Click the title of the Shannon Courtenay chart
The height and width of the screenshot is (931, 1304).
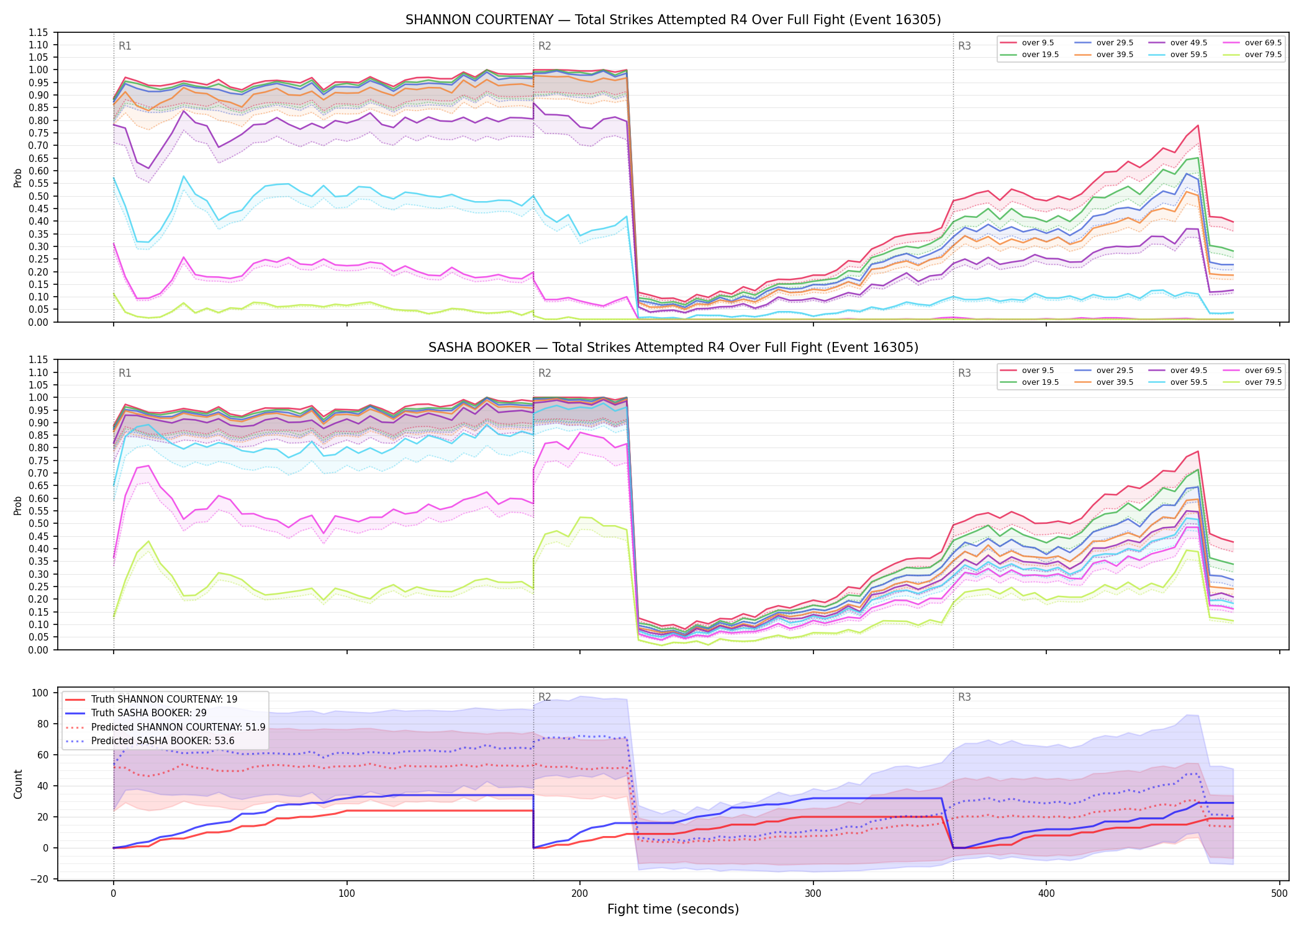(x=673, y=20)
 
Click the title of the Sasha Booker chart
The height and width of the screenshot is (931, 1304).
(x=673, y=348)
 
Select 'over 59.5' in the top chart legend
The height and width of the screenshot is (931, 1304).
(x=1189, y=55)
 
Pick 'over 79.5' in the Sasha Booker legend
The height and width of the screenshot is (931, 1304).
(x=1263, y=382)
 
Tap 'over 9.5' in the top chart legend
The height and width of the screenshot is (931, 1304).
(x=1038, y=43)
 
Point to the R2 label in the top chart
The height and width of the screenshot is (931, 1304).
(x=545, y=46)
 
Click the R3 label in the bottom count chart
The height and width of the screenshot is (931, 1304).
(x=964, y=697)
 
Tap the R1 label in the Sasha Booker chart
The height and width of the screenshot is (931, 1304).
(x=125, y=373)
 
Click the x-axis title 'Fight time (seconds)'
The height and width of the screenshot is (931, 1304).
(x=673, y=909)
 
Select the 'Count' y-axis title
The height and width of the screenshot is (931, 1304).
(x=18, y=784)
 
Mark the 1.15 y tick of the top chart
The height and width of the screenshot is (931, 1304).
(x=38, y=32)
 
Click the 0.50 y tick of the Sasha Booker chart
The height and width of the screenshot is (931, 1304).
(x=38, y=523)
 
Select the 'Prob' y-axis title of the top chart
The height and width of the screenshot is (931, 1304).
(x=18, y=178)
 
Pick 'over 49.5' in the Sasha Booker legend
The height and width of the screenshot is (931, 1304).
(x=1189, y=371)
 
